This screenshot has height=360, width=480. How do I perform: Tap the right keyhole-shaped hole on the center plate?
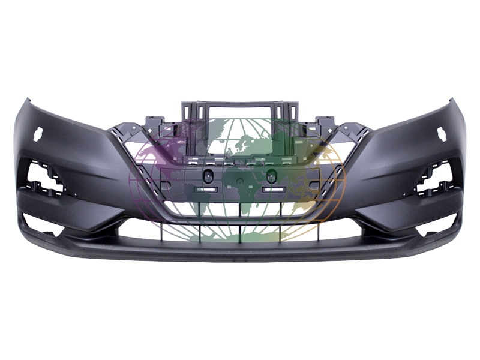(271, 176)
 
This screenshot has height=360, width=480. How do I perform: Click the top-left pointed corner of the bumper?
(24, 99)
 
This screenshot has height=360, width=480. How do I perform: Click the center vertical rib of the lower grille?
(240, 228)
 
